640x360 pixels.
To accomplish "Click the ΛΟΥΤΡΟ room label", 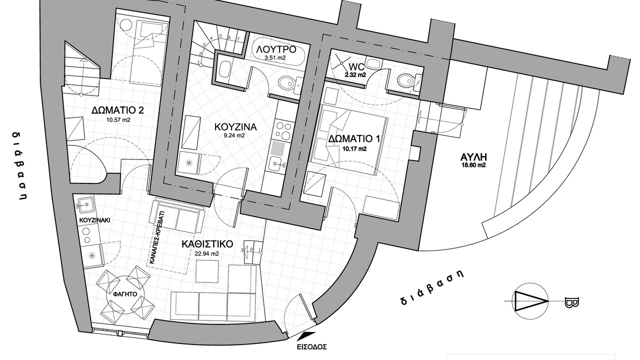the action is [x=275, y=49].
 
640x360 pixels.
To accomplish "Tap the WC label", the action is [x=356, y=67].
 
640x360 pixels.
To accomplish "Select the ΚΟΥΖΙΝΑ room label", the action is [x=235, y=127].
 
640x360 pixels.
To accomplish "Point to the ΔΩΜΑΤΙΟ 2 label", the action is [x=117, y=110].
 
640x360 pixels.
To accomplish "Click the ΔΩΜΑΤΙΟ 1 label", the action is [x=354, y=139].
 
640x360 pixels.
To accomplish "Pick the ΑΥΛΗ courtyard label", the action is [x=473, y=157].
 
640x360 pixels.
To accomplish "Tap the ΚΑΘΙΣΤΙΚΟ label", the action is [x=207, y=244].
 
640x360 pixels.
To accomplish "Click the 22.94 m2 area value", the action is [x=207, y=253].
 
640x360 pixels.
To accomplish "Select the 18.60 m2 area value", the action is [x=473, y=165].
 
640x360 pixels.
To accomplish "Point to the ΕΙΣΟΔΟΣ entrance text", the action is [x=311, y=347].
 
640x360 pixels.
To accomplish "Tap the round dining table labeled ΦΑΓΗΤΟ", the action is [x=125, y=294].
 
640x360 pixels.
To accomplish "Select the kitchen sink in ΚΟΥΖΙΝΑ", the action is [x=276, y=164].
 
